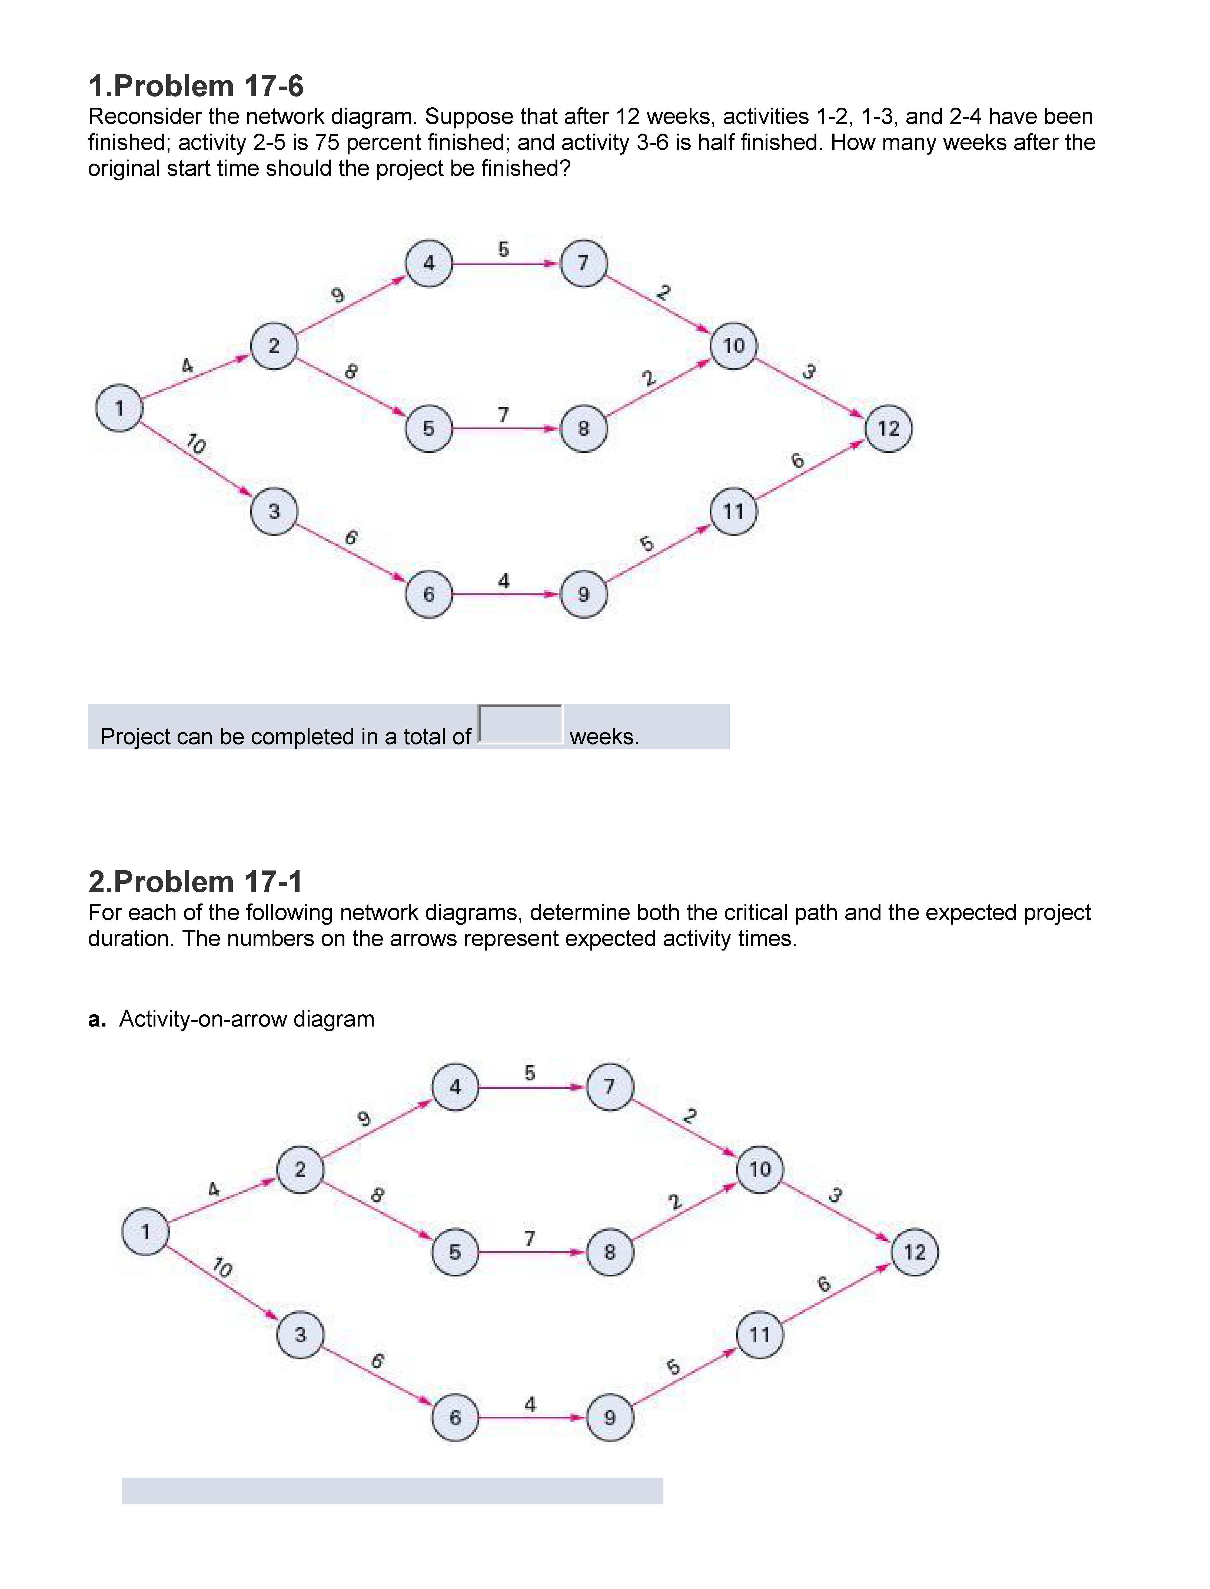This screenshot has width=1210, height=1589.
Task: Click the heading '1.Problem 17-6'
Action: click(x=196, y=87)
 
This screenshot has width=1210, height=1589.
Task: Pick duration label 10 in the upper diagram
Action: click(x=195, y=444)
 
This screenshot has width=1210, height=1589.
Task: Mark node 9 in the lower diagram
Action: click(x=609, y=1418)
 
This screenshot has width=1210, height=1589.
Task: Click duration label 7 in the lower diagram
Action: click(x=529, y=1238)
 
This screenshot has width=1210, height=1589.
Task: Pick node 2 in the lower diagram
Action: click(x=300, y=1169)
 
